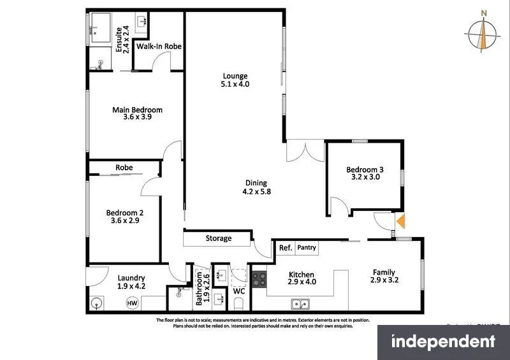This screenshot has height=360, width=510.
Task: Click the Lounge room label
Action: point(235,76)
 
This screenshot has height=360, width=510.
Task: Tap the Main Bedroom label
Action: point(137,110)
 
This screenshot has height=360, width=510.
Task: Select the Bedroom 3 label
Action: point(365,169)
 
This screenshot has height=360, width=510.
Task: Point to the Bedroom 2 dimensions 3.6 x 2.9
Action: point(124,220)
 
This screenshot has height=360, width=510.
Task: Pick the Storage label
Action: point(218,239)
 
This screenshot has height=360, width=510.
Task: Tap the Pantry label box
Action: point(306,247)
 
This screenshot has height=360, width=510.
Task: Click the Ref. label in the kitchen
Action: point(285,247)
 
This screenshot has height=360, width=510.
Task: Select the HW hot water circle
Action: point(133,303)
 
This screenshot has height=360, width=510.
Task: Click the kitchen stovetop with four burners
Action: point(259,278)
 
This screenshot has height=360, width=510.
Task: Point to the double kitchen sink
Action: point(300,303)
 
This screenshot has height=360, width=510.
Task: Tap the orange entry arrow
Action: point(402,221)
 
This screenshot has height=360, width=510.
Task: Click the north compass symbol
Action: point(484,36)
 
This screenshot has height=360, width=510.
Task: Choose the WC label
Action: point(239,291)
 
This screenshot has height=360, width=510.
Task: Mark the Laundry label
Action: point(131,278)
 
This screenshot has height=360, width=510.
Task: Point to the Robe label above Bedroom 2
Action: point(124,168)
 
